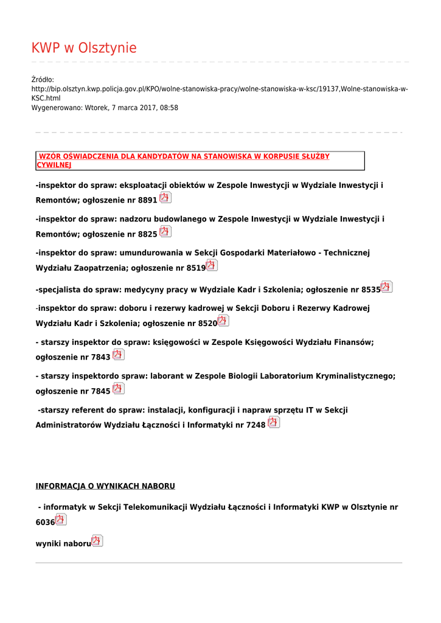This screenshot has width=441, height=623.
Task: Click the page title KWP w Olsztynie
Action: click(84, 48)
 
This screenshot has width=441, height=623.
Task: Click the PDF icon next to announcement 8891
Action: click(165, 198)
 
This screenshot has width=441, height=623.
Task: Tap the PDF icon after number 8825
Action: click(165, 232)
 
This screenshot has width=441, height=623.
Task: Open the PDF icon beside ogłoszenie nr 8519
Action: click(211, 265)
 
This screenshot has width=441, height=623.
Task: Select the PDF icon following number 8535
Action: click(386, 287)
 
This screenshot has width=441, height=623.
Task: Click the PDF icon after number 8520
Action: click(223, 321)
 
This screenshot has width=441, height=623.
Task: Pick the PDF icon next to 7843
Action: click(118, 355)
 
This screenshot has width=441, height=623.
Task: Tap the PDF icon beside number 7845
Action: click(118, 388)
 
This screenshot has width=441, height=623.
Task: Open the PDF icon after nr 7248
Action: click(274, 422)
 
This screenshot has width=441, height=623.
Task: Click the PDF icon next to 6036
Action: click(60, 520)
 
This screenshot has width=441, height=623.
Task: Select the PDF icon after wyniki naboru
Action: click(97, 541)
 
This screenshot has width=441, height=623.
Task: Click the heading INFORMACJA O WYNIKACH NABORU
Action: click(105, 486)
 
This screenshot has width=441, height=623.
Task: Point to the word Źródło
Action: click(43, 80)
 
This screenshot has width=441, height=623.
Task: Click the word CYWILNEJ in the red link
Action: click(54, 165)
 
